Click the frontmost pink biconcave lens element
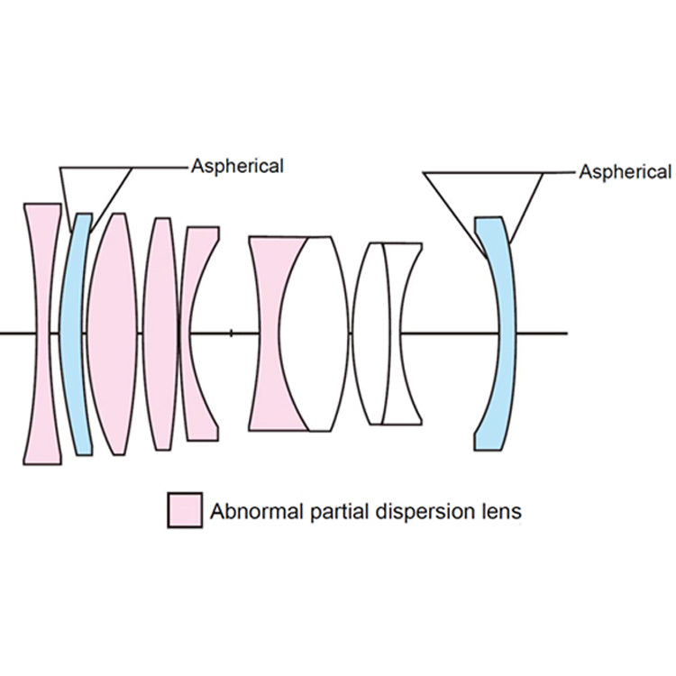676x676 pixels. tap(42, 333)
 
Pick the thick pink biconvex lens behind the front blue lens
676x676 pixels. tap(113, 333)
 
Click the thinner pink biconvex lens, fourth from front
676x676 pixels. tap(160, 333)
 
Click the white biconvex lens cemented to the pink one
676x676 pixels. tap(314, 333)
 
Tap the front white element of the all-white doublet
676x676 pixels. tap(370, 333)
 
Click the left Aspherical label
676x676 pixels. tap(238, 167)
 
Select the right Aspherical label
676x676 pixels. tap(626, 172)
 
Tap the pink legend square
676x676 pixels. tap(185, 510)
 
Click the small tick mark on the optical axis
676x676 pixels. tap(231, 333)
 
